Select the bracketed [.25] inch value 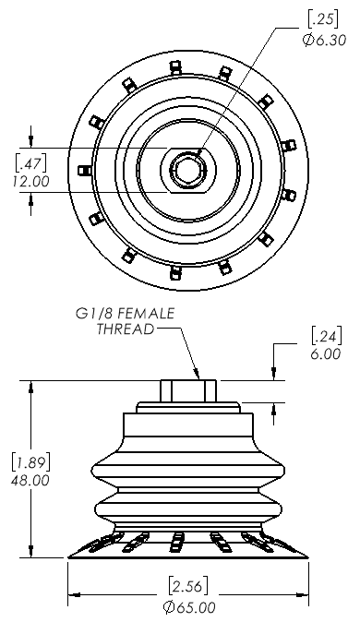click(x=323, y=19)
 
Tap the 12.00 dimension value click(x=30, y=181)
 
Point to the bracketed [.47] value click(x=30, y=161)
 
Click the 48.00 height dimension click(x=30, y=481)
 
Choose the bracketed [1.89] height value click(x=30, y=461)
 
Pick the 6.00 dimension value click(x=326, y=353)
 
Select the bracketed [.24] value click(x=326, y=336)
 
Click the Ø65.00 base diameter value click(x=189, y=607)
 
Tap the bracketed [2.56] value click(x=188, y=586)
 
